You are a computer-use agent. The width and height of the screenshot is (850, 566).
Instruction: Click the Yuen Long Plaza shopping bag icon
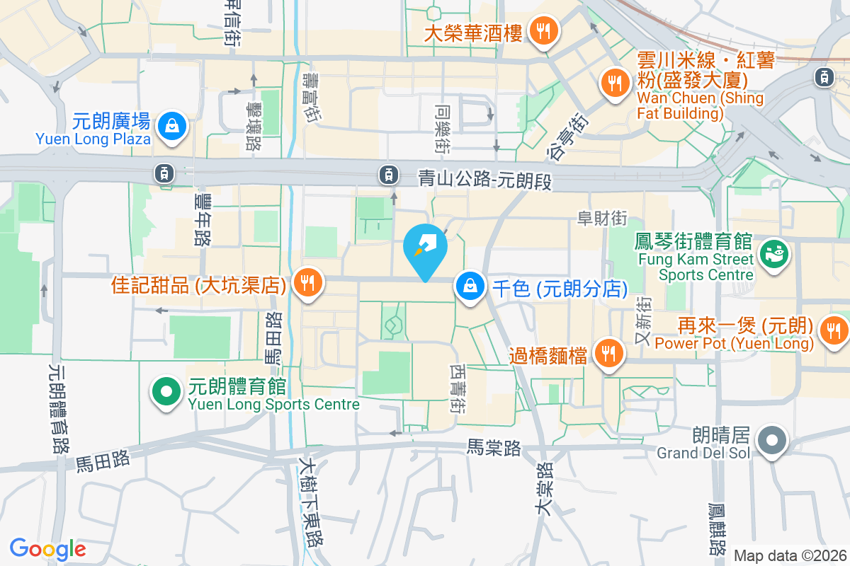(x=172, y=127)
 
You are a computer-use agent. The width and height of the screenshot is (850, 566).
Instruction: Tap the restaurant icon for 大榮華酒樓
(x=543, y=31)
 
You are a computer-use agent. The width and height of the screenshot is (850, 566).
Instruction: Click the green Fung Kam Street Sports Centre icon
(x=773, y=255)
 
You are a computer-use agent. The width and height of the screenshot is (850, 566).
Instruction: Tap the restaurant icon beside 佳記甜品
(x=307, y=284)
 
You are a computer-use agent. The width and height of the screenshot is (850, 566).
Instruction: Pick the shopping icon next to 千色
(x=470, y=288)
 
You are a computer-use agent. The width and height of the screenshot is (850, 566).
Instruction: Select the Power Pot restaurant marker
(x=833, y=329)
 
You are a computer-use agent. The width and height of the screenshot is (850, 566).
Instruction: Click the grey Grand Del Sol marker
(x=772, y=442)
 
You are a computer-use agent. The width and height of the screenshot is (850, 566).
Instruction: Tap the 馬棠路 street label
(x=494, y=447)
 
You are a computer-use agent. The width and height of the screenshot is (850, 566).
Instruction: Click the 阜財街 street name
(x=602, y=219)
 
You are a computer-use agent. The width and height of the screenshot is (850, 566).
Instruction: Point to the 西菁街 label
(x=457, y=389)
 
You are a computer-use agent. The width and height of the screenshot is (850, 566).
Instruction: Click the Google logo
(x=47, y=549)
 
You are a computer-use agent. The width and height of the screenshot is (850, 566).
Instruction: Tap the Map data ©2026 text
(x=790, y=556)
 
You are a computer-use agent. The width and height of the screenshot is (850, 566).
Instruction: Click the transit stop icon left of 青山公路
(x=388, y=173)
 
